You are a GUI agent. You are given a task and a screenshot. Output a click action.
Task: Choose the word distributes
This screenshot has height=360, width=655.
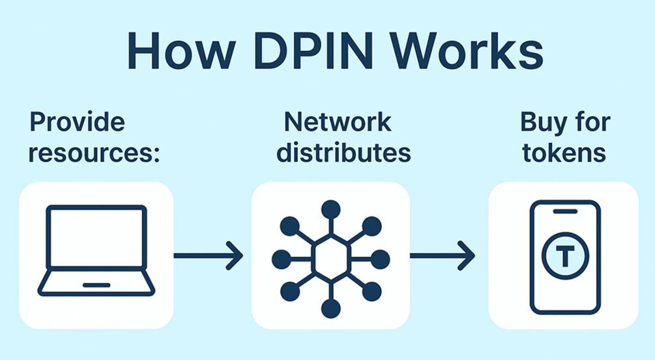tap(343, 153)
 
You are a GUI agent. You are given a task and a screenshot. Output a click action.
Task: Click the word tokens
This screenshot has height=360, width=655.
tap(564, 153)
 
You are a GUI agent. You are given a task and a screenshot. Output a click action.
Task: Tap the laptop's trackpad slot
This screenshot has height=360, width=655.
tap(96, 284)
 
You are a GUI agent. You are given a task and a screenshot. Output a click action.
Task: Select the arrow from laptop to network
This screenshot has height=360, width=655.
tap(207, 256)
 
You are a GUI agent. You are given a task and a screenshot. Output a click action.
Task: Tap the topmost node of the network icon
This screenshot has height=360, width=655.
tap(330, 209)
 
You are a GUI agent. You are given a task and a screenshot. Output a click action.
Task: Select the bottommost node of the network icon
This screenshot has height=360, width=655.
tap(330, 307)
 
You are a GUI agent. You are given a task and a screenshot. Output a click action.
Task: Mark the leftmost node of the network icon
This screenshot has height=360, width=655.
tap(280, 256)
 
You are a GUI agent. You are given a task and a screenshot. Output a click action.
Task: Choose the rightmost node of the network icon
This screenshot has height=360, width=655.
tap(381, 256)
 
